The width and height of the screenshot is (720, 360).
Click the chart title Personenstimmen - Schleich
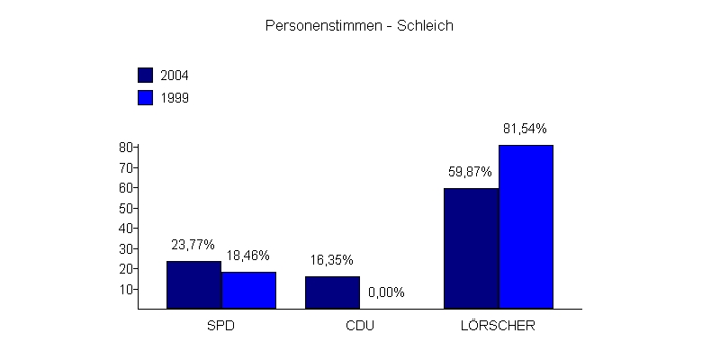tap(359, 26)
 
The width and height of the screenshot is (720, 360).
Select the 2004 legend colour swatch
tap(146, 75)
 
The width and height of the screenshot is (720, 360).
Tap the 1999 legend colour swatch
tap(146, 97)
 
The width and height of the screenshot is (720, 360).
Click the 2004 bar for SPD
tap(193, 284)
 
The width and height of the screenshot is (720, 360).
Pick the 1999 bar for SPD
tap(248, 290)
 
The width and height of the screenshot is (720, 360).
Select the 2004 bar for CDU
tap(332, 292)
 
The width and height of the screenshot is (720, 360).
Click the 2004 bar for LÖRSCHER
tap(471, 247)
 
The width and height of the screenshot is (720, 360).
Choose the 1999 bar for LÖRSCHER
tap(526, 226)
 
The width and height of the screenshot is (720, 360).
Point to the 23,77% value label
tap(193, 244)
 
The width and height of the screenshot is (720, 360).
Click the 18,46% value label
tap(247, 255)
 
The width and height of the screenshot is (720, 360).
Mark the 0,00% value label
tap(386, 292)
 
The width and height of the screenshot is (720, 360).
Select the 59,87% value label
tap(472, 171)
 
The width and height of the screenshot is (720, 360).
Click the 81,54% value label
tap(526, 128)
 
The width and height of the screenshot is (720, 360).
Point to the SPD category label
tap(220, 326)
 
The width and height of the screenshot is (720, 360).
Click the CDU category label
tap(359, 326)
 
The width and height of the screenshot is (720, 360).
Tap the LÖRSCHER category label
tap(498, 326)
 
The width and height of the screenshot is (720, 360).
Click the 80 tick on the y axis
tap(125, 147)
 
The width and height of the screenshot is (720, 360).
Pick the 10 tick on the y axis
tap(125, 289)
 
